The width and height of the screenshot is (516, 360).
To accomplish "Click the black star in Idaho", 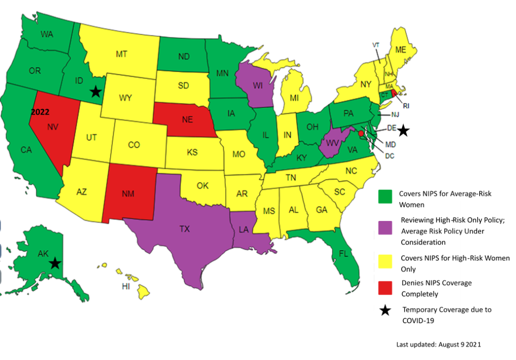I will tap(95, 91).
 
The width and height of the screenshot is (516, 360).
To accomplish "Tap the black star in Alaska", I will tap(55, 263).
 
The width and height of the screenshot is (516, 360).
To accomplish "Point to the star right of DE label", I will tap(403, 131).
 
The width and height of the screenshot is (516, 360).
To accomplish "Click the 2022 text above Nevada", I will tap(40, 112).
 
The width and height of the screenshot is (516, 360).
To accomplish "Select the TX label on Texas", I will tap(184, 229).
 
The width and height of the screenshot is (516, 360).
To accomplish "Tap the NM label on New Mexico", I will tap(128, 194).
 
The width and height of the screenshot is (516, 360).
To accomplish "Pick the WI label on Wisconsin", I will tap(258, 86).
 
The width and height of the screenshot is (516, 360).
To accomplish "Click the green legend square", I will tap(385, 196).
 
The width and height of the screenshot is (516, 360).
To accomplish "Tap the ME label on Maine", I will tap(401, 50).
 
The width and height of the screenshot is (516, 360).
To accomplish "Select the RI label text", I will tap(406, 105).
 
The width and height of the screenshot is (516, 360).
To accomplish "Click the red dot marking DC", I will tap(361, 133).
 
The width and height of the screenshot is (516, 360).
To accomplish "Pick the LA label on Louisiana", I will tap(244, 229).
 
